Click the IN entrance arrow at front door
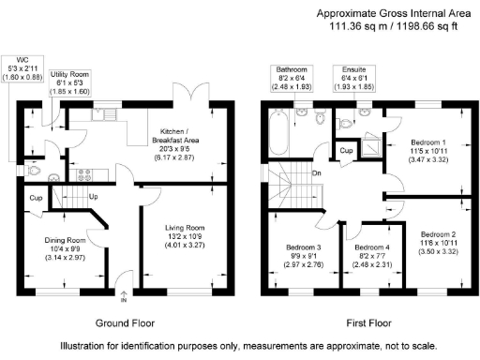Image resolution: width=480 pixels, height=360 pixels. (123, 298)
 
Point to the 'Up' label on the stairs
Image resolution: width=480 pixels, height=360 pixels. (94, 198)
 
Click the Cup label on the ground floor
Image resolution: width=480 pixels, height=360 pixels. (35, 199)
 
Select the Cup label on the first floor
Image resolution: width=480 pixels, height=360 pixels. (346, 151)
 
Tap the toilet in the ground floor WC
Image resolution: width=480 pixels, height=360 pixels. (36, 172)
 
